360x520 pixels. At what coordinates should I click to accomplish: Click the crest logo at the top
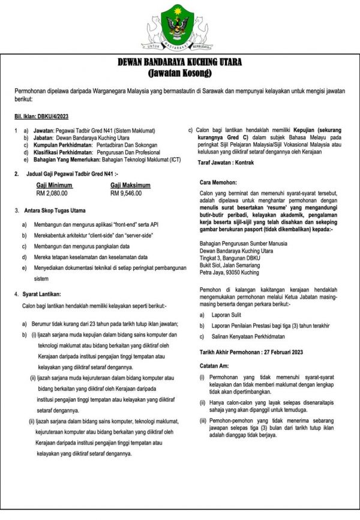180,26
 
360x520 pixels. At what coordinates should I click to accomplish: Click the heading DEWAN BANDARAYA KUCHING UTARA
180,65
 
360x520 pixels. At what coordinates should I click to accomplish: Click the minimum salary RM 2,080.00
52,194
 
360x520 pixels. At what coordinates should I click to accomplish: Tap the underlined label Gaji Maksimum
130,185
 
